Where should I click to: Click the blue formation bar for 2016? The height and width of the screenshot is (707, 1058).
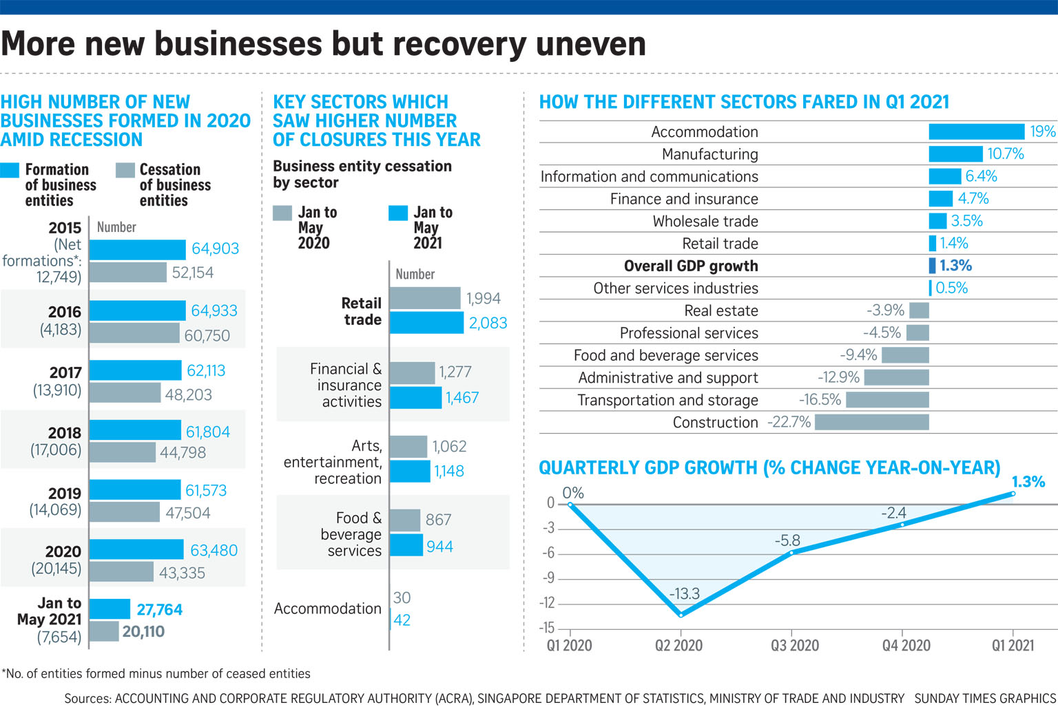pyautogui.click(x=138, y=310)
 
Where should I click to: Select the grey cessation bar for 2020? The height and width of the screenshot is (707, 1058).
pyautogui.click(x=121, y=571)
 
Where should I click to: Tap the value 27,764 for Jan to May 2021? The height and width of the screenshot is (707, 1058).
pyautogui.click(x=160, y=609)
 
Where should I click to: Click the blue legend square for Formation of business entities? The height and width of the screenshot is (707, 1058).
pyautogui.click(x=10, y=170)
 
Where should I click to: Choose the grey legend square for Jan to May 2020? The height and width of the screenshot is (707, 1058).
pyautogui.click(x=282, y=213)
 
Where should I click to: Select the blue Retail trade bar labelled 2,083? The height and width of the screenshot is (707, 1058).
pyautogui.click(x=426, y=323)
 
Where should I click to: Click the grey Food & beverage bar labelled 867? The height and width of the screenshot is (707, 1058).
pyautogui.click(x=405, y=520)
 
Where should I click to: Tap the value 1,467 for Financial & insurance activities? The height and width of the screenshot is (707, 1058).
pyautogui.click(x=462, y=397)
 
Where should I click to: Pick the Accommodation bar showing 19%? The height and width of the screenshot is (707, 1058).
pyautogui.click(x=976, y=131)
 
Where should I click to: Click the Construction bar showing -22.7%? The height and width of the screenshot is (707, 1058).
pyautogui.click(x=872, y=422)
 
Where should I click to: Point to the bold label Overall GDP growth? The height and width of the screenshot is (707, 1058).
pyautogui.click(x=691, y=266)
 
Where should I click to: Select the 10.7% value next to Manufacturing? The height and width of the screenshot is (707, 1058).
pyautogui.click(x=1006, y=154)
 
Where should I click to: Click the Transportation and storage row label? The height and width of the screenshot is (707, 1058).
pyautogui.click(x=667, y=400)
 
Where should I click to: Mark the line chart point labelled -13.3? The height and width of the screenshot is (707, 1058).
pyautogui.click(x=681, y=615)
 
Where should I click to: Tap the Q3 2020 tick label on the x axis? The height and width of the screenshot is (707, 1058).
pyautogui.click(x=795, y=645)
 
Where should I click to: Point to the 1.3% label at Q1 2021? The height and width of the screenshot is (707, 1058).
pyautogui.click(x=1028, y=482)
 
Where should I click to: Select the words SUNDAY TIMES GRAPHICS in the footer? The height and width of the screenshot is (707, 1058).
pyautogui.click(x=985, y=698)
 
